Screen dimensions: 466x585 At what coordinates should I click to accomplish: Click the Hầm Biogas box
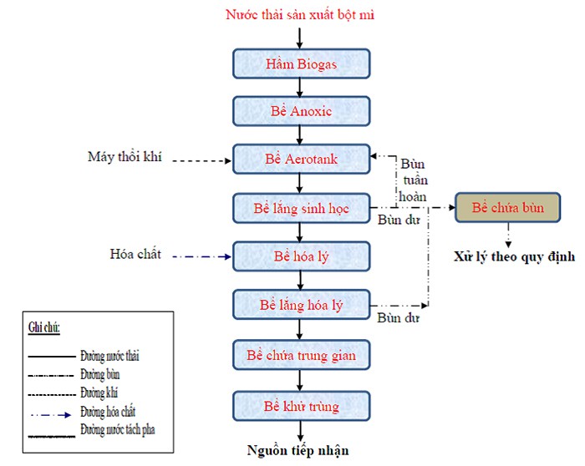(299, 64)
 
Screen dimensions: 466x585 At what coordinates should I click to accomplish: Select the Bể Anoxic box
(299, 111)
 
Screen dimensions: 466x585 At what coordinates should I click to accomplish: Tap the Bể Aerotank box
(299, 158)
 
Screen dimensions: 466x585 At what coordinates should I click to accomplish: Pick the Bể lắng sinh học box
(299, 206)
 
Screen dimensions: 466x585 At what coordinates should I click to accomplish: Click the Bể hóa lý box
(299, 255)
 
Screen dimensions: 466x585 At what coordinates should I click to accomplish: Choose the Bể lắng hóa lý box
(299, 305)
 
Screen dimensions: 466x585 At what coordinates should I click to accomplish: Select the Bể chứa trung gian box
(299, 355)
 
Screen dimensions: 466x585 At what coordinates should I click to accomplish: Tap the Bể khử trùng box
(299, 406)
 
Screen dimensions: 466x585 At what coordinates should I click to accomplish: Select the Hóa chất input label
(135, 254)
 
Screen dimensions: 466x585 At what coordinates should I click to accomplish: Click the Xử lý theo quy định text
(513, 256)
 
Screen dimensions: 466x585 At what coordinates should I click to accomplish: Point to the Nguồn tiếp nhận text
(297, 451)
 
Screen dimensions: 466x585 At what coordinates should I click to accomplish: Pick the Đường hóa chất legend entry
(108, 411)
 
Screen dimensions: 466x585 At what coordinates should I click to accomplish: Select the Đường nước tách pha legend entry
(118, 429)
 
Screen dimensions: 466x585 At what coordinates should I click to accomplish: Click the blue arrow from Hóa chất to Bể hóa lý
(201, 256)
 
